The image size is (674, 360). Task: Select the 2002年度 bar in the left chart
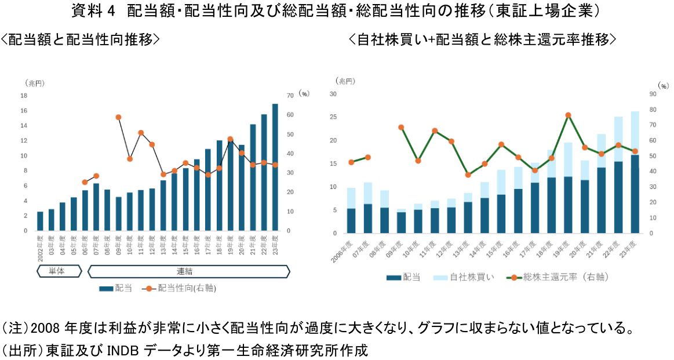tap(40, 221)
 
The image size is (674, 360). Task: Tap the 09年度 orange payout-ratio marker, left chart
tap(118, 117)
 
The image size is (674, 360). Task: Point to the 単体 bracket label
tap(56, 271)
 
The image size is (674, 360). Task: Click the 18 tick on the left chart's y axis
tap(24, 96)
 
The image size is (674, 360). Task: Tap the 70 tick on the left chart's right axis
tap(290, 96)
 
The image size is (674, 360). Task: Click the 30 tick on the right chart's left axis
tap(333, 94)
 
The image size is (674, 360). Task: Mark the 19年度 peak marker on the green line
tap(569, 115)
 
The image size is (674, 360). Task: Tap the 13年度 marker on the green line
tap(468, 174)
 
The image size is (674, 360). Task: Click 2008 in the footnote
tap(43, 329)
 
